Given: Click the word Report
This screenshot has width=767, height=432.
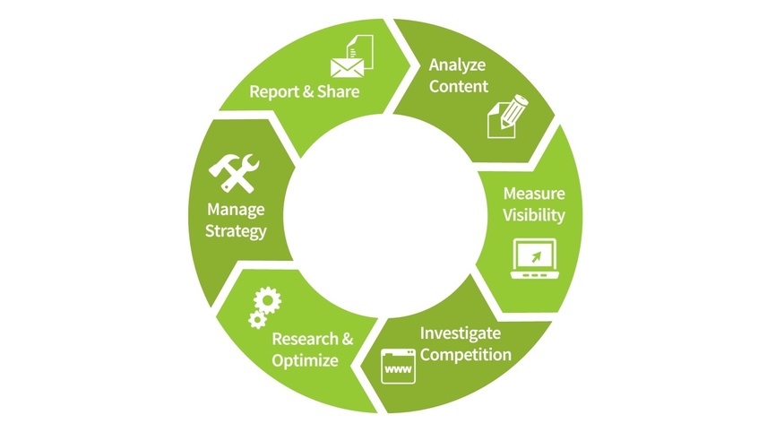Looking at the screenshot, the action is point(274,91).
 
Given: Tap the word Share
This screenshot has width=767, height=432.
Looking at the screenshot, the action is point(338,91).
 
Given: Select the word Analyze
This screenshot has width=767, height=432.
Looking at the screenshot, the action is point(457,65).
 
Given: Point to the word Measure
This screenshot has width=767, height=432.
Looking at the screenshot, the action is point(533,194).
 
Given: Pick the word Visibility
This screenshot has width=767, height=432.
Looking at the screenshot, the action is point(533,215).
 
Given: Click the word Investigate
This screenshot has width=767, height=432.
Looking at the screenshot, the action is point(461,333).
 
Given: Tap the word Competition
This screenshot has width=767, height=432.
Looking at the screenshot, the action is point(466,354).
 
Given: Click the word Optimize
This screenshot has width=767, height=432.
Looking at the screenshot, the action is point(305,361).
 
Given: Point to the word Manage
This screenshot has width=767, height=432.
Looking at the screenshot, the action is point(236,210).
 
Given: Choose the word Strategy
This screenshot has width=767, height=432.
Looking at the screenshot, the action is point(236,231).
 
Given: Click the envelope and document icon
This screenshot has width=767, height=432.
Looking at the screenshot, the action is point(350,56).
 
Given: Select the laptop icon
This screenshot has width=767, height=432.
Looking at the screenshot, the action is point(533,259).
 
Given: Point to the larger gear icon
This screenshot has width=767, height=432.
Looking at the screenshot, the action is point(266,299).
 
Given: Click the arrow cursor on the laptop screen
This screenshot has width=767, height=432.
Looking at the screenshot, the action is point(535,256).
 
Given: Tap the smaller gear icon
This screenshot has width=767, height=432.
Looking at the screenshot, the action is point(256,320).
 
